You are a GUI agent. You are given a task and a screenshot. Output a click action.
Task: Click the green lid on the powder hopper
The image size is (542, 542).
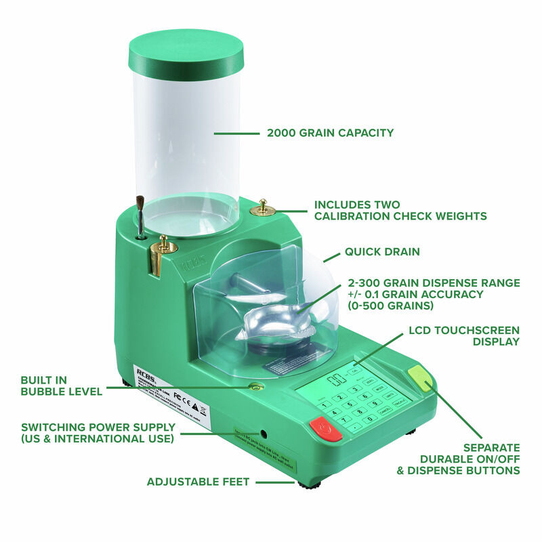click(186, 51)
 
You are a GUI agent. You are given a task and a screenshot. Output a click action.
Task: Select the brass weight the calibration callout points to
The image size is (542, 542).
click(262, 208)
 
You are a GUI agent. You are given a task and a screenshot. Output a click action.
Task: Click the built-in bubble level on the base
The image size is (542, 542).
click(256, 387)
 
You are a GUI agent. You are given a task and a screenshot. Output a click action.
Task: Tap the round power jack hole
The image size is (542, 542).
click(262, 434)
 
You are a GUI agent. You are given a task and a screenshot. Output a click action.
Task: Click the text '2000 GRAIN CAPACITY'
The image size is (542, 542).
click(330, 133)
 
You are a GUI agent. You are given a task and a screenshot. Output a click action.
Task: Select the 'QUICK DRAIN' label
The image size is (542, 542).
click(382, 251)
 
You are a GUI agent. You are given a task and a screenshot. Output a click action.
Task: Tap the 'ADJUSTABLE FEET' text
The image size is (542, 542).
click(198, 482)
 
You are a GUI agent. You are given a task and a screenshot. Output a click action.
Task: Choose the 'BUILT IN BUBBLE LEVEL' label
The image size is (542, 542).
click(61, 385)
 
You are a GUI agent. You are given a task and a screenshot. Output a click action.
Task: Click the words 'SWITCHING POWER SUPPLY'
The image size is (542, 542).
click(98, 428)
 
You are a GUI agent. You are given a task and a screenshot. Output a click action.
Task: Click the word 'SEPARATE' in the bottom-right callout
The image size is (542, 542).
click(491, 448)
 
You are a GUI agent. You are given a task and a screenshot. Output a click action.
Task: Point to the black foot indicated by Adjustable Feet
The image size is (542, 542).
click(308, 484)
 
